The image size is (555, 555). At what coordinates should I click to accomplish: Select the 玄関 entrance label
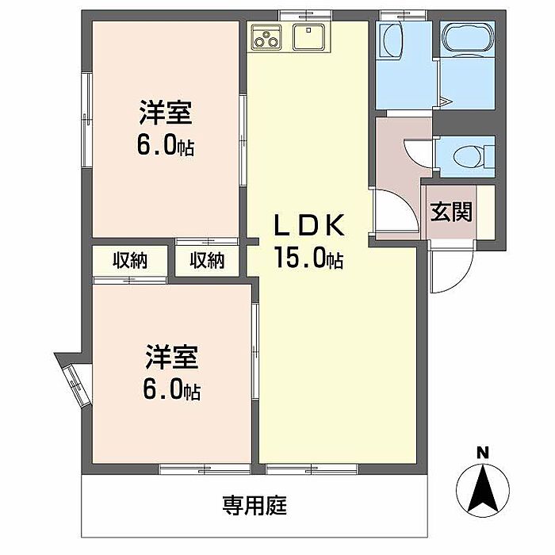[451, 212]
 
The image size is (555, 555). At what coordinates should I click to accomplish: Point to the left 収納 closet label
[129, 260]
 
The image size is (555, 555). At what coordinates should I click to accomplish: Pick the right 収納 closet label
[207, 260]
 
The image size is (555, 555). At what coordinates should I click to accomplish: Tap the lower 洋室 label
[170, 359]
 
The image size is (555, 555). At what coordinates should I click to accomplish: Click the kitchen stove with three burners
[267, 36]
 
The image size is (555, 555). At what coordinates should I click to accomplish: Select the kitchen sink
[306, 36]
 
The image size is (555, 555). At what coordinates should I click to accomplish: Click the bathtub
[467, 43]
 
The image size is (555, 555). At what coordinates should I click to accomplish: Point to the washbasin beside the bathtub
[390, 40]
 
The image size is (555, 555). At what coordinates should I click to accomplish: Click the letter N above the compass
[480, 453]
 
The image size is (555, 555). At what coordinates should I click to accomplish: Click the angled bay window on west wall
[71, 382]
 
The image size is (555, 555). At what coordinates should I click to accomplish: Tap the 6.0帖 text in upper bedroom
[166, 147]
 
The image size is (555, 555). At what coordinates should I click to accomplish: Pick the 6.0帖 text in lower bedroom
[170, 390]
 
